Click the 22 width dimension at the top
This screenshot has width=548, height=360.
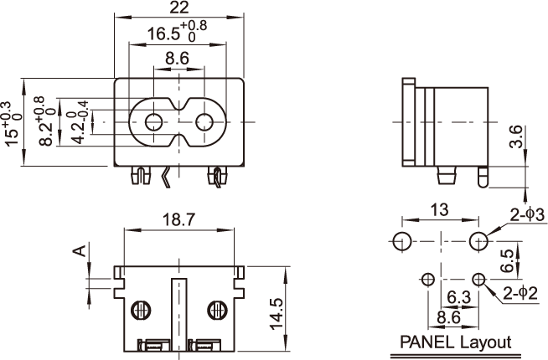click(179, 8)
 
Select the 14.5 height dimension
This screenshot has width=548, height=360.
click(277, 313)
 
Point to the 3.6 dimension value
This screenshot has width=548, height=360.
click(516, 136)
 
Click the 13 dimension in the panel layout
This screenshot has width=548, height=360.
click(439, 210)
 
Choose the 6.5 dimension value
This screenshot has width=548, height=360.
click(507, 260)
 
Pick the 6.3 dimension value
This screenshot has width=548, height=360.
click(459, 297)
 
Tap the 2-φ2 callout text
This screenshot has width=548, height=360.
click(520, 293)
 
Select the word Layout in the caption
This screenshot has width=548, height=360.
click(486, 343)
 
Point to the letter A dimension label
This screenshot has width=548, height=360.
click(80, 250)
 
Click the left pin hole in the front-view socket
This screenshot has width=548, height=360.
click(153, 122)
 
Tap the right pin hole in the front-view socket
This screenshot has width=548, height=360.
click(204, 122)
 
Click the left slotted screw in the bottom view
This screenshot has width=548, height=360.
click(142, 310)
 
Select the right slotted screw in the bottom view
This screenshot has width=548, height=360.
click(217, 310)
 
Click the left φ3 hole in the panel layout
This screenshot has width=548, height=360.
click(402, 241)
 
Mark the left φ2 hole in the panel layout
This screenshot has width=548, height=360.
click(428, 280)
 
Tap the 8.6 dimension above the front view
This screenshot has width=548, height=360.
click(177, 59)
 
